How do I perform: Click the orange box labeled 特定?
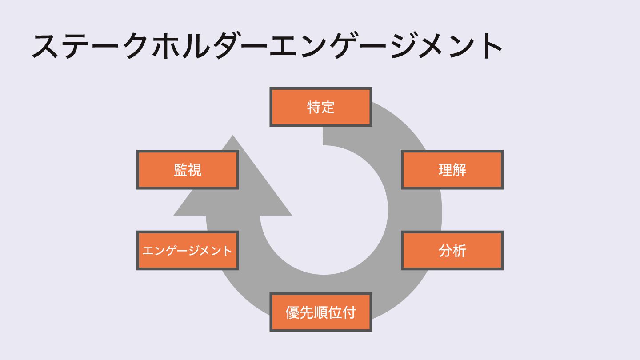tap(320, 107)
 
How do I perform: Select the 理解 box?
tap(452, 170)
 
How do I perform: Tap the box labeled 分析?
tap(452, 251)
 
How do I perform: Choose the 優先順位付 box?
tap(320, 312)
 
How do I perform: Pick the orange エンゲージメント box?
tap(188, 251)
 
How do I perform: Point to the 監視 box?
tap(188, 170)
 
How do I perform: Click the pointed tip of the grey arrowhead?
tap(232, 137)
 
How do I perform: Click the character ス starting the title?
tap(46, 46)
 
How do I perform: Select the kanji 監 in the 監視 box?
tap(180, 170)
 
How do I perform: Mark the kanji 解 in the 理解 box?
tap(460, 170)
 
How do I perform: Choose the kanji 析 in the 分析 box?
tap(460, 251)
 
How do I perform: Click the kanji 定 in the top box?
tap(328, 107)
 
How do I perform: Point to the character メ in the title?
tap(431, 46)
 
